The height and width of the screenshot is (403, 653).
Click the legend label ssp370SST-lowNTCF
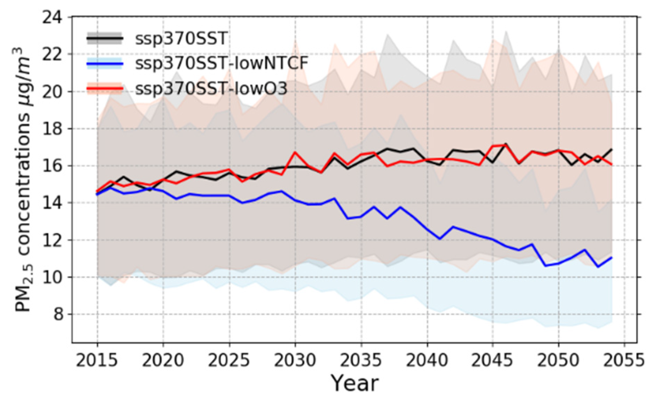pos(221,64)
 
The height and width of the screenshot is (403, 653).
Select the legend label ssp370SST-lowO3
pos(211,89)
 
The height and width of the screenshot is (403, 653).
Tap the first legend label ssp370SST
pos(181,39)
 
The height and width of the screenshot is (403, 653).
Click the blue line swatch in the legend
pos(104,64)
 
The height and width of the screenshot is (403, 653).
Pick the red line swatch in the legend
pos(104,89)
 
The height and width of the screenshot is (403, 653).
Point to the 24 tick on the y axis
pos(52,17)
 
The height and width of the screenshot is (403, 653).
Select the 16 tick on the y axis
pos(52,166)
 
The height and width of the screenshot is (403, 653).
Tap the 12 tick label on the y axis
pos(52,240)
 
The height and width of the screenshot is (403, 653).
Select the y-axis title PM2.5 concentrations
pos(22,180)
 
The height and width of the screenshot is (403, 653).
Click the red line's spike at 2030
pos(295,152)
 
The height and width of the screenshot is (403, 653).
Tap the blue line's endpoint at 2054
pos(612,257)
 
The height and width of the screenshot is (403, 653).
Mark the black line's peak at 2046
pos(506,144)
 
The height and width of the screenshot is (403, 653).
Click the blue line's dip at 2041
pos(440,239)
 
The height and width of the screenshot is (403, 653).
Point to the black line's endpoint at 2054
pos(612,149)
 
